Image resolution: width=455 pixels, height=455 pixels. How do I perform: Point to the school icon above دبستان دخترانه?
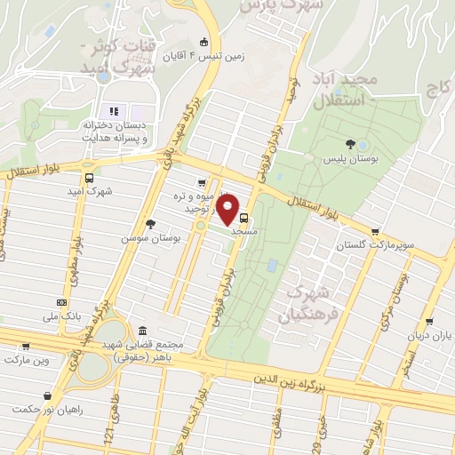tap(114, 111)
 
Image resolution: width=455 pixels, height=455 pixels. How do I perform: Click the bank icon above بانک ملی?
tap(61, 302)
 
